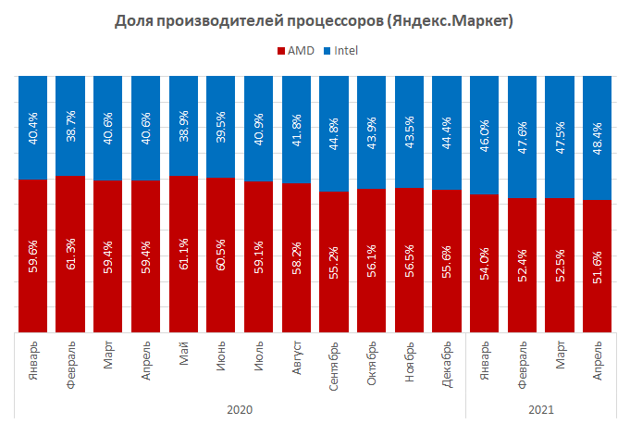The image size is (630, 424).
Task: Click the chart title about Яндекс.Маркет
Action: tap(315, 19)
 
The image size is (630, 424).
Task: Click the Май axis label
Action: tap(184, 354)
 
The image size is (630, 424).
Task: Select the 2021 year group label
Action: tap(541, 408)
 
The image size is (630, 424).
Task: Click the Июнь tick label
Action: tap(221, 355)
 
